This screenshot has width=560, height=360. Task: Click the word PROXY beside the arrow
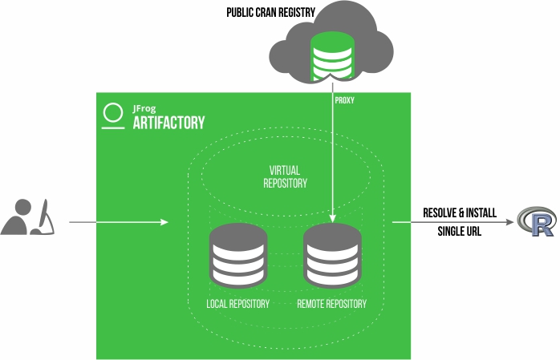click(345, 101)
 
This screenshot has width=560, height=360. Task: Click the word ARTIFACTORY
click(168, 123)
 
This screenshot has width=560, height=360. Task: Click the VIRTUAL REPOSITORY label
click(286, 176)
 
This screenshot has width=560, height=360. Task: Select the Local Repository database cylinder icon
click(237, 255)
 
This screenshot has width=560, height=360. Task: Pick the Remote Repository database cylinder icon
click(332, 255)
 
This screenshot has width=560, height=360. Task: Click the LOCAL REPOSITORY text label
click(238, 304)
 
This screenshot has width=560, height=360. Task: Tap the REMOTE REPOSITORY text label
click(332, 304)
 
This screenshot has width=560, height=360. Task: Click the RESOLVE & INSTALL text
click(460, 213)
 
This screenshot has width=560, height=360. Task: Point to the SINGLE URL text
click(460, 233)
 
